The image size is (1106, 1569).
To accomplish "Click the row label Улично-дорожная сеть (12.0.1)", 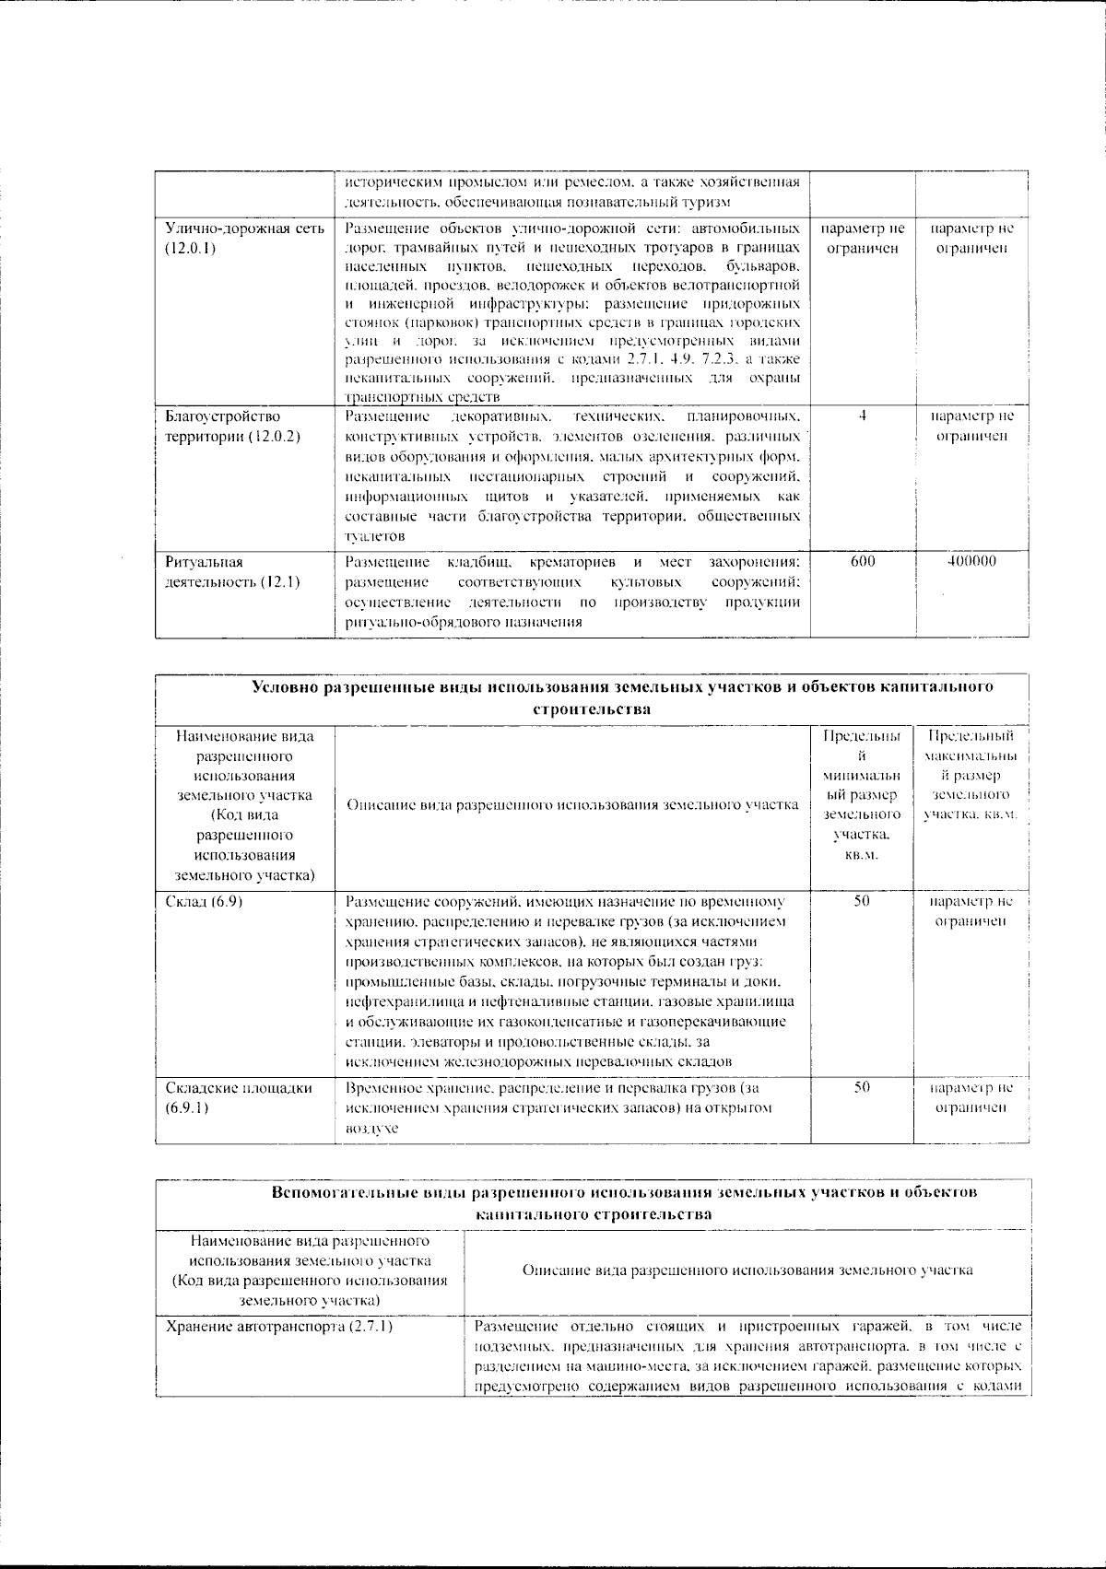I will pos(244,238).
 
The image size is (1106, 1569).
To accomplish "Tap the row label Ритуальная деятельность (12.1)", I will pos(232,572).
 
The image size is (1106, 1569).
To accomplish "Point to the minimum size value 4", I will pos(862,416).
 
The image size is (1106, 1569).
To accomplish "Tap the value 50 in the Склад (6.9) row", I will pos(862,902).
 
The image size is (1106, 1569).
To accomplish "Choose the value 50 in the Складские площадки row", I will pos(862,1088).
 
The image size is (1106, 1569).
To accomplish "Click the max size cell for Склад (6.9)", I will pos(971,912).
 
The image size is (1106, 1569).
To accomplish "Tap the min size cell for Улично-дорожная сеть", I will pos(862,238).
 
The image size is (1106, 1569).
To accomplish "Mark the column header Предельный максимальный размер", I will pos(971,777).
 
